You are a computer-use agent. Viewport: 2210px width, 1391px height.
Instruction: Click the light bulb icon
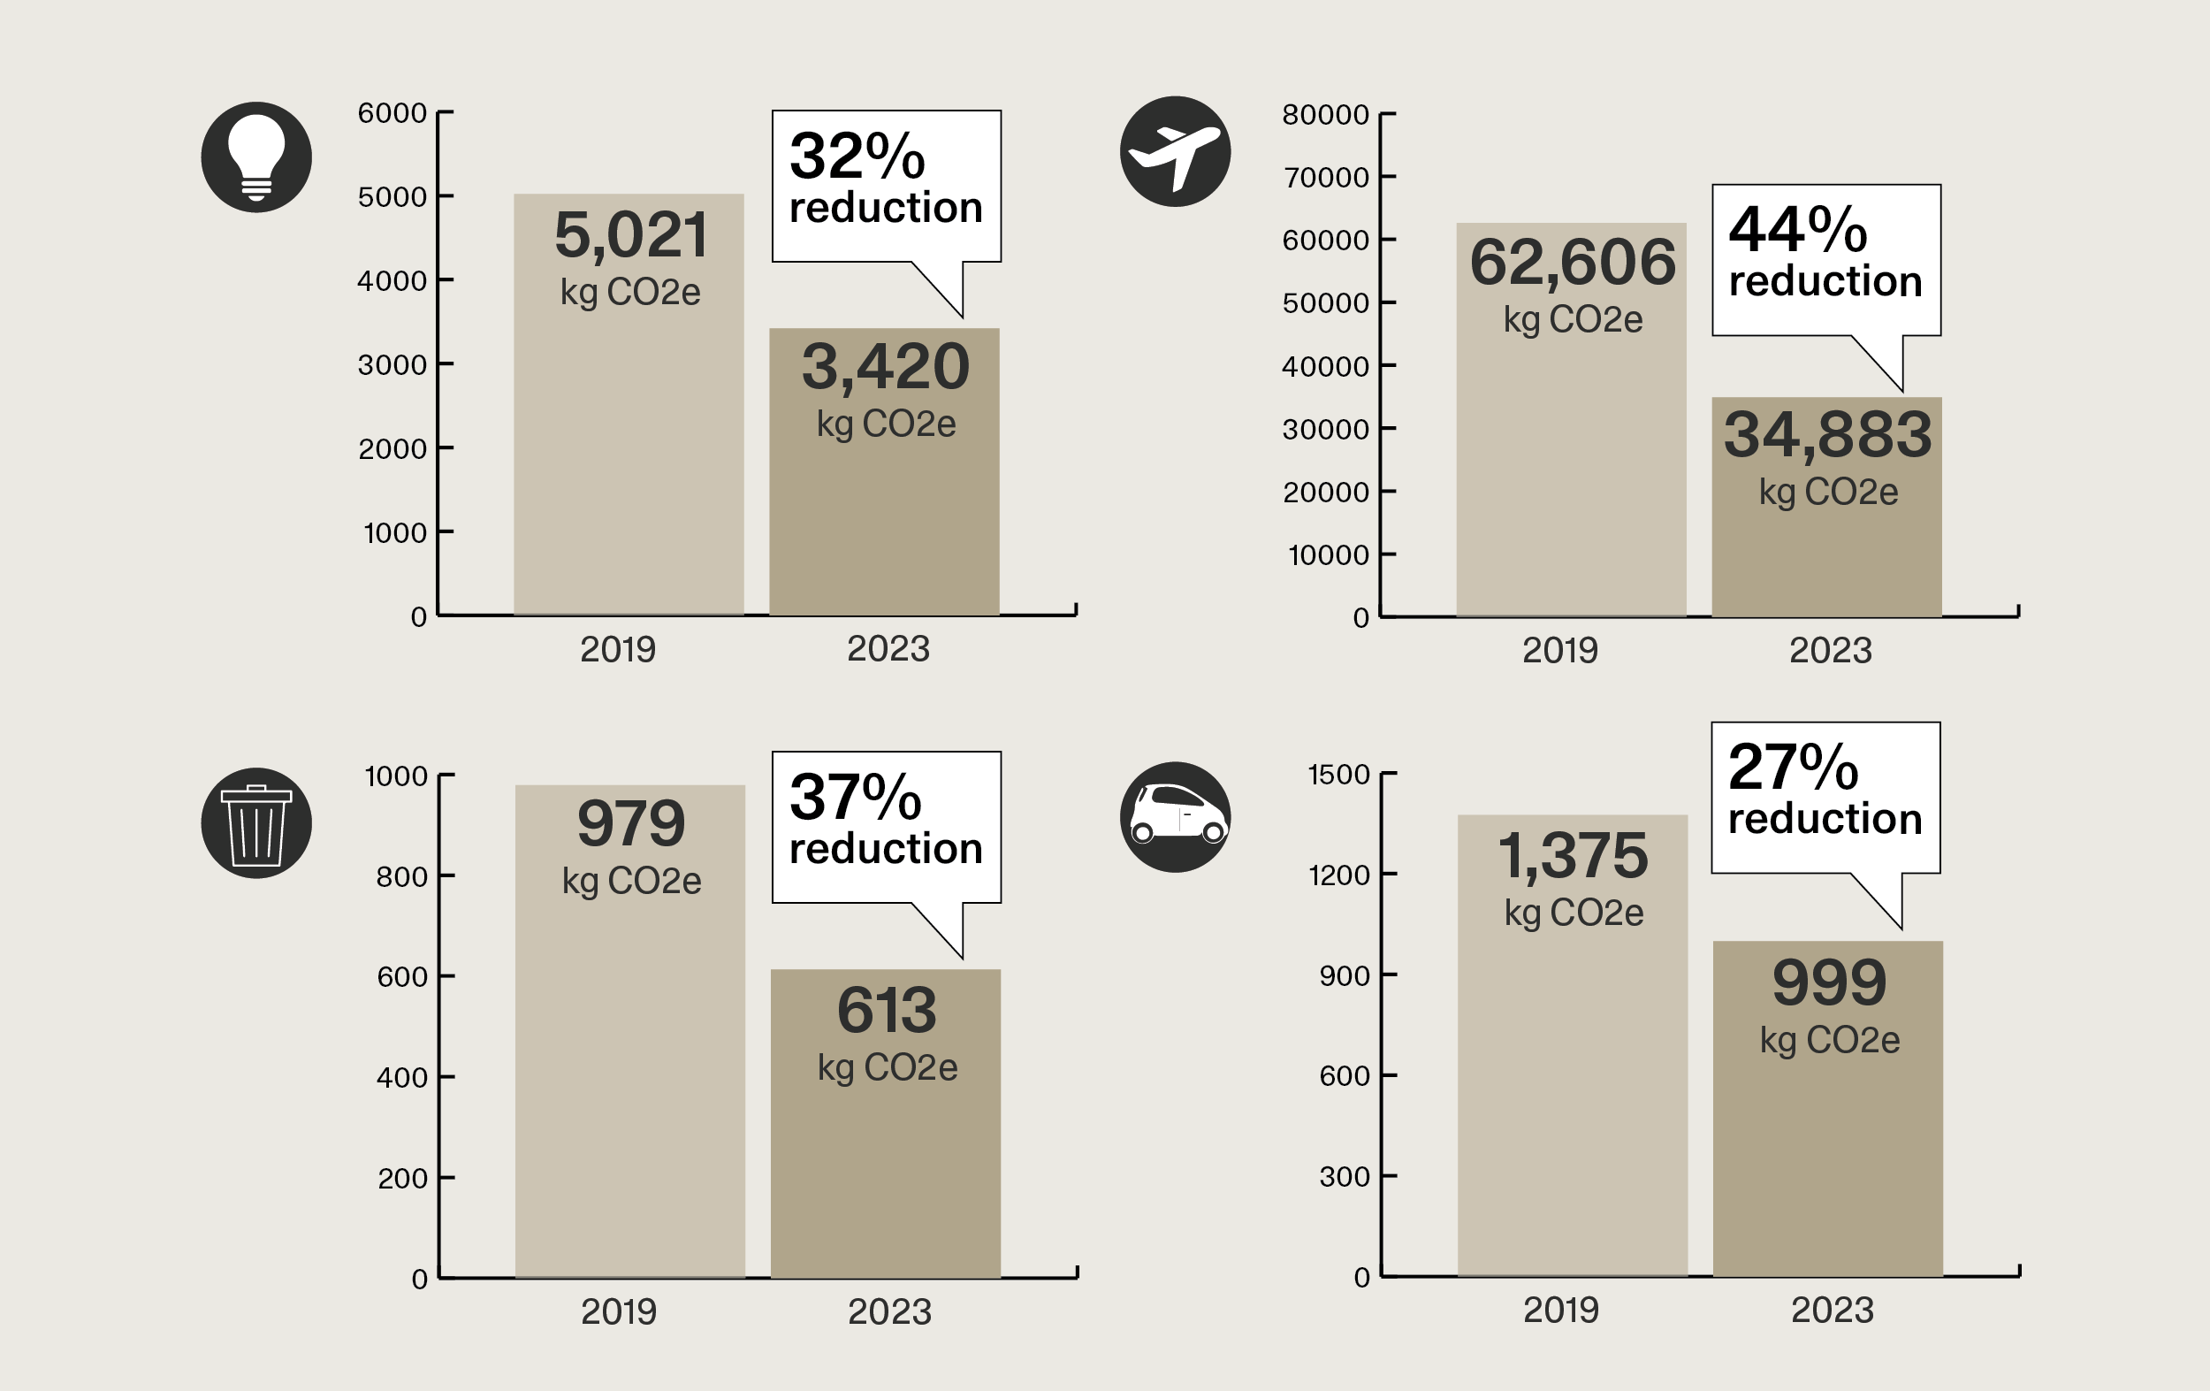(x=256, y=157)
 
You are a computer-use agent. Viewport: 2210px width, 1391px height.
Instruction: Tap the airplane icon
(x=1175, y=151)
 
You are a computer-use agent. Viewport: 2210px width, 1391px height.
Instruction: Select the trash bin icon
(x=256, y=822)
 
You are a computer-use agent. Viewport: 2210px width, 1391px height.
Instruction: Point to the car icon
(x=1175, y=816)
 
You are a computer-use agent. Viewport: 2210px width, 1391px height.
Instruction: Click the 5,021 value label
(x=630, y=235)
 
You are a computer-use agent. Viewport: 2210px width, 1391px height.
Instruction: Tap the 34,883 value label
(x=1827, y=435)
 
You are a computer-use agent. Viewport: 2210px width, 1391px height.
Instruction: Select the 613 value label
(x=887, y=1011)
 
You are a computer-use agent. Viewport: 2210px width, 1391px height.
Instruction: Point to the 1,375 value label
(x=1573, y=856)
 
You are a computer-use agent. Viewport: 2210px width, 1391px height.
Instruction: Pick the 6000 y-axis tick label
(x=392, y=113)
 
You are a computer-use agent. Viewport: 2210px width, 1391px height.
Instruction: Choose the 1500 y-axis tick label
(x=1338, y=775)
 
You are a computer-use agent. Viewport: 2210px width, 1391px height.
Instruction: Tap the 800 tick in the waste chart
(x=402, y=877)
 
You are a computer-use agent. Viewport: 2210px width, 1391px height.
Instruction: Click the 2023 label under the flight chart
(x=1830, y=651)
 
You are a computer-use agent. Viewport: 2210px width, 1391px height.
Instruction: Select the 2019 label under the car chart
(x=1560, y=1311)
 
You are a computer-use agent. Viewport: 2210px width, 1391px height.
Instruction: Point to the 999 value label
(x=1829, y=983)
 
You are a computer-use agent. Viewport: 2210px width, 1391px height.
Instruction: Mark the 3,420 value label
(x=886, y=367)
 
